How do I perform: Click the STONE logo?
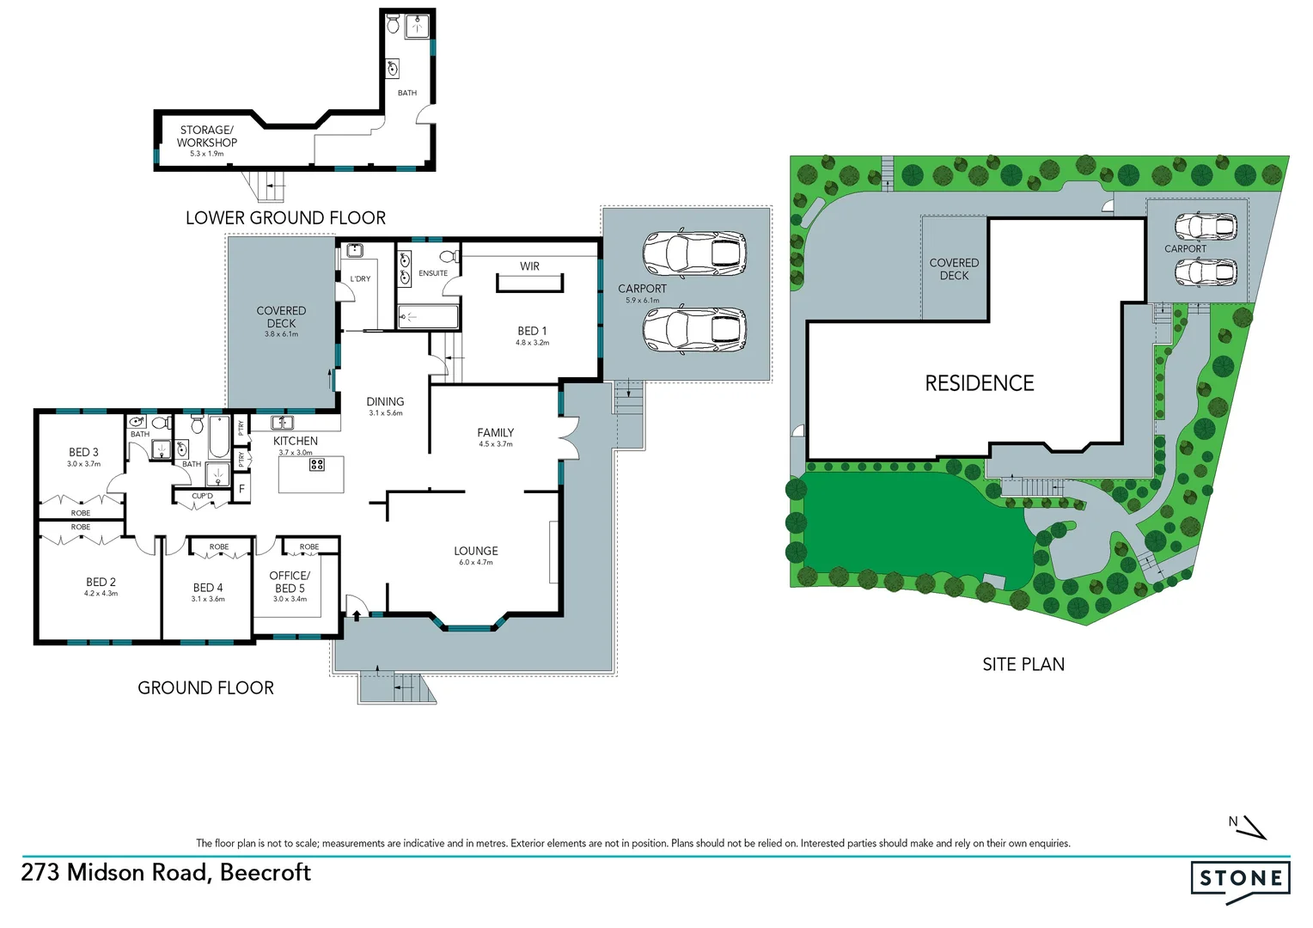1240,878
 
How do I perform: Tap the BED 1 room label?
532,331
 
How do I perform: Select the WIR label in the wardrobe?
529,266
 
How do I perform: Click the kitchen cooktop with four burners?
316,464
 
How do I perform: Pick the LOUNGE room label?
476,551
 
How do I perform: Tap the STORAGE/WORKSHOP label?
206,137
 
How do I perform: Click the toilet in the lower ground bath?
394,24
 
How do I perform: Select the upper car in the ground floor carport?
694,253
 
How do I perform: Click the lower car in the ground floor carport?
694,330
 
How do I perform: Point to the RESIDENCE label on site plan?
979,383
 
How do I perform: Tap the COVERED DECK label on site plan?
954,269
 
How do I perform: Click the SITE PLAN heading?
1023,664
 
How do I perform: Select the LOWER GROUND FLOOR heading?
285,218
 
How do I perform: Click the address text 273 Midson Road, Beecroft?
166,872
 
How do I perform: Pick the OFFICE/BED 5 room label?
290,582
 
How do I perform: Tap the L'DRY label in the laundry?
360,278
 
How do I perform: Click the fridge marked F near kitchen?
241,489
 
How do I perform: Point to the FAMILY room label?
495,433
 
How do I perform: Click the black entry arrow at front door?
356,615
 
